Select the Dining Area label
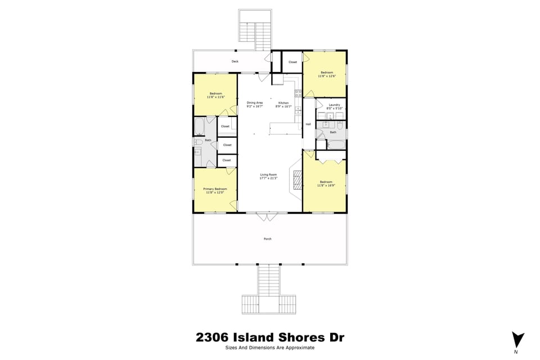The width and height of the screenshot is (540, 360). [255, 103]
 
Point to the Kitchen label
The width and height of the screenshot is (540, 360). [283, 103]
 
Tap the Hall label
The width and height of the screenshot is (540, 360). [308, 124]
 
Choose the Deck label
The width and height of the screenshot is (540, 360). [235, 61]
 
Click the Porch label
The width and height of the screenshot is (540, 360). [268, 239]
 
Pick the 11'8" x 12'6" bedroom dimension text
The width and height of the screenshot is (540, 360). [327, 76]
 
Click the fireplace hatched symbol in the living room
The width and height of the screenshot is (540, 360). [296, 180]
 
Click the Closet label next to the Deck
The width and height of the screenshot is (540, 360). [292, 62]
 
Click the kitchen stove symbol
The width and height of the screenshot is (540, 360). [298, 93]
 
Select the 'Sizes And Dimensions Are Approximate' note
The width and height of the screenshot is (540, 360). [270, 348]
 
